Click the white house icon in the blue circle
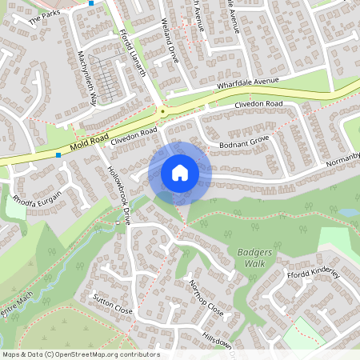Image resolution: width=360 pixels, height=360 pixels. pyautogui.click(x=179, y=172)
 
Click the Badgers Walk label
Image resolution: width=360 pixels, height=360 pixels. pyautogui.click(x=254, y=258)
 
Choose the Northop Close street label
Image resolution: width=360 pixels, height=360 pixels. pyautogui.click(x=205, y=297)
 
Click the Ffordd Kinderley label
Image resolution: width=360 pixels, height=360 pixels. pyautogui.click(x=314, y=274)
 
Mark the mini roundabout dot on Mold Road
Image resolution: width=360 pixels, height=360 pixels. pyautogui.click(x=163, y=111)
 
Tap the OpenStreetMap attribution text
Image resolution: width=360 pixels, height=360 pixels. pyautogui.click(x=81, y=354)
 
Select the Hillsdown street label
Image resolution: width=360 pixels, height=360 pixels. pyautogui.click(x=217, y=342)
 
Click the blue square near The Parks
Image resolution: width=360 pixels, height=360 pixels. pyautogui.click(x=91, y=3)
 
